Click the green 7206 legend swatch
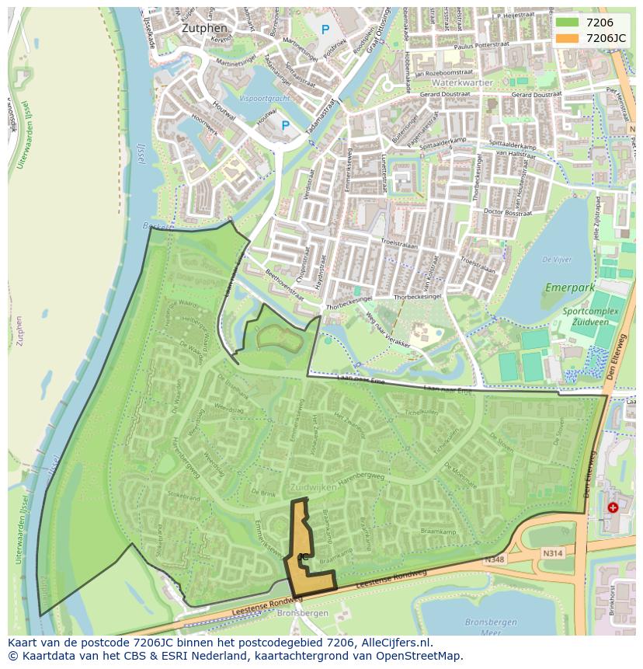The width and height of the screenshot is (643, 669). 568,23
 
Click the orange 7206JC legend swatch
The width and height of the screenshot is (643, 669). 568,38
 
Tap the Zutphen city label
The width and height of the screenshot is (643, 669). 203,28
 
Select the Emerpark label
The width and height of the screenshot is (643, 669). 569,287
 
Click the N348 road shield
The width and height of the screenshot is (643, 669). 494,559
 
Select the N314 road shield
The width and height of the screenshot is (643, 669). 552,552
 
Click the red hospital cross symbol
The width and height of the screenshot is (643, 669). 613,507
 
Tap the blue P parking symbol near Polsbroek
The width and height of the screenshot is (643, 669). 325,30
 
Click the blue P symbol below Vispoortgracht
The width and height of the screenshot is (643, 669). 285,125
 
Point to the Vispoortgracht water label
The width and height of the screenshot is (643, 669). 264,99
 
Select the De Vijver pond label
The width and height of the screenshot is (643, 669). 557,260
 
